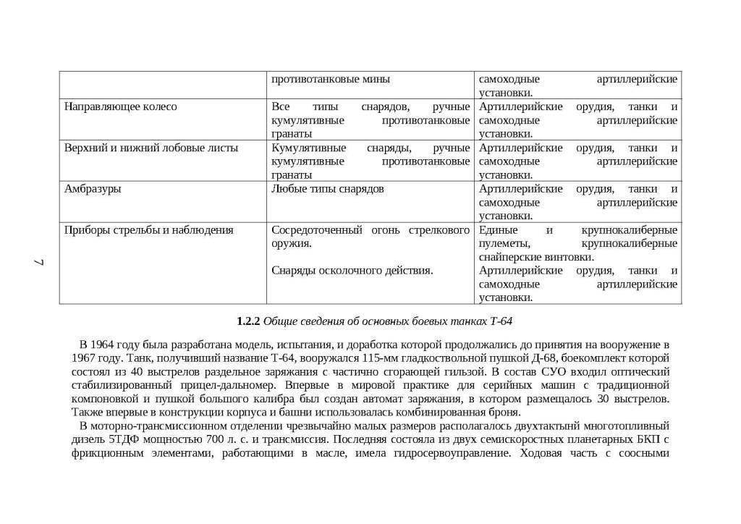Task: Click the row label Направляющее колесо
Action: pos(120,107)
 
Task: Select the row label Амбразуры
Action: pos(93,190)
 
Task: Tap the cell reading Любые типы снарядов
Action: pos(327,190)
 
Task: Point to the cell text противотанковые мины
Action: pos(331,80)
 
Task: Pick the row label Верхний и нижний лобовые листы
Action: pos(151,148)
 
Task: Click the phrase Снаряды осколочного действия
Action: pos(352,271)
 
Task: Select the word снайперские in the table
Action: pos(508,258)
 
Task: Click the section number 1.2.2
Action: pos(248,321)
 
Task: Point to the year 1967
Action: pos(85,358)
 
